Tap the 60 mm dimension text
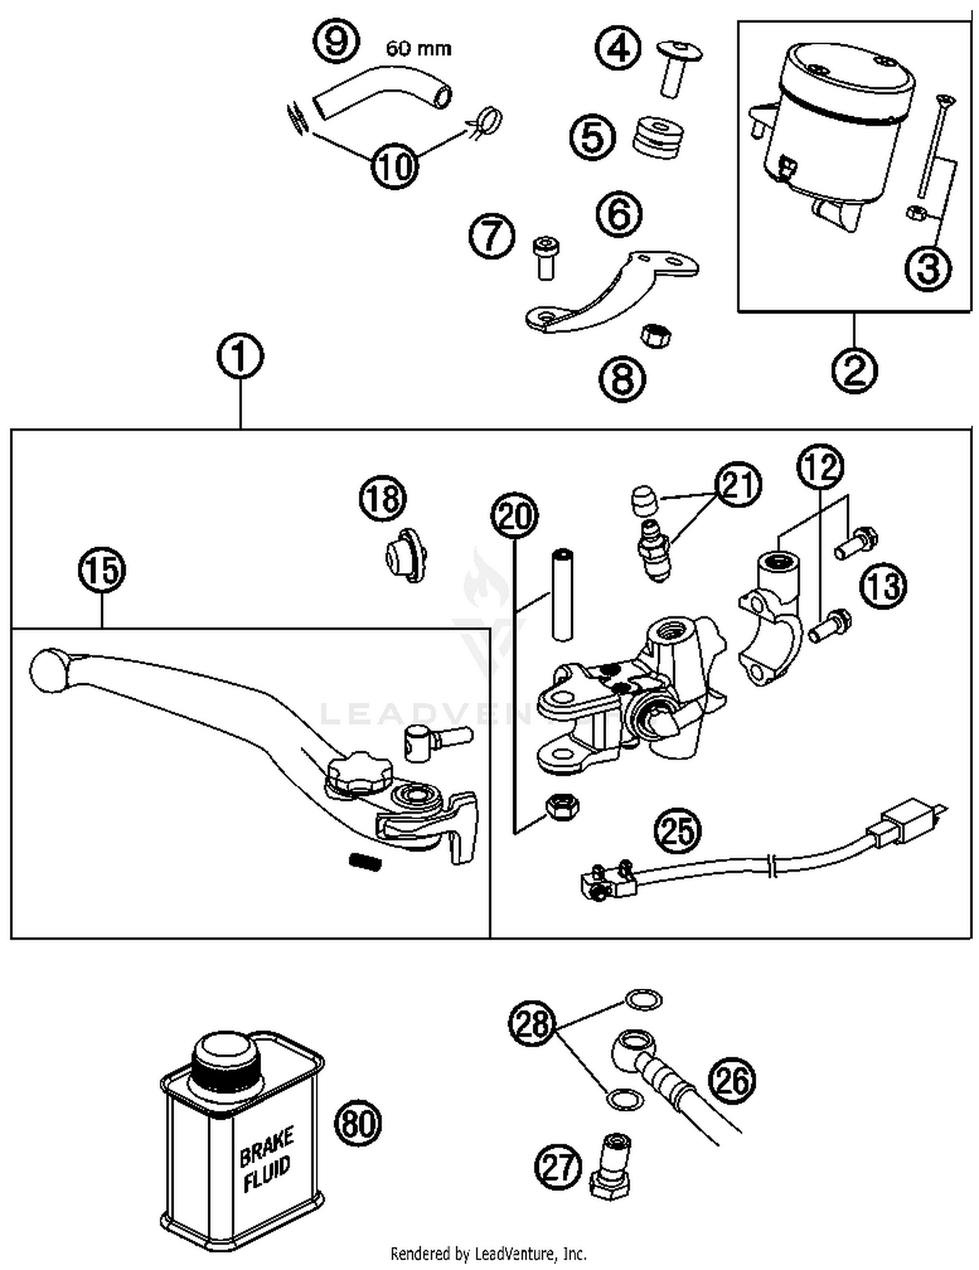(x=418, y=48)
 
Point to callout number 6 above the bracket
(x=619, y=213)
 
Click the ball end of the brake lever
(x=48, y=670)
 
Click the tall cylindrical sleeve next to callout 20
(x=563, y=595)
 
